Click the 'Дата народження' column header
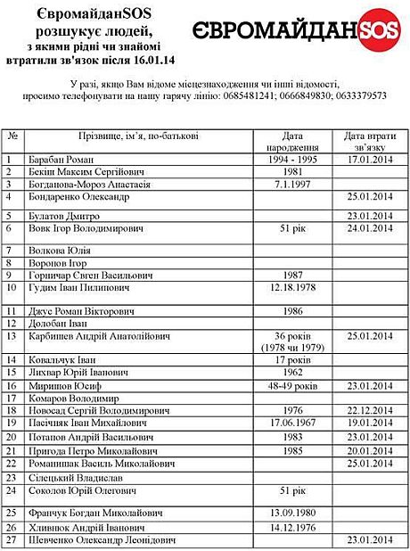click(292, 142)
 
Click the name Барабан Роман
click(66, 160)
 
